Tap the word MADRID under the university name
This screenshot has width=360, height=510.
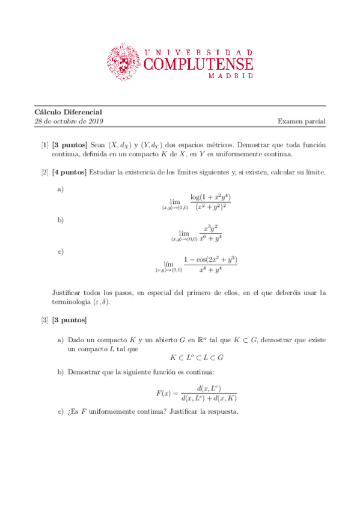click(230, 77)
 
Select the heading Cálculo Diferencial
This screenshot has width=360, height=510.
click(68, 112)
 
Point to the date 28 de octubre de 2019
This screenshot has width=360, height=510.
click(69, 121)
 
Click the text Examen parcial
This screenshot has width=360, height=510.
click(301, 121)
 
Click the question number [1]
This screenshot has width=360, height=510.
click(44, 145)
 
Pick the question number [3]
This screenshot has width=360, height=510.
click(44, 319)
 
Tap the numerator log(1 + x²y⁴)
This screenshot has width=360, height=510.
click(211, 197)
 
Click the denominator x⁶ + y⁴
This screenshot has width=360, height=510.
click(211, 239)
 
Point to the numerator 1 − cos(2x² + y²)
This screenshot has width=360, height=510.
click(211, 260)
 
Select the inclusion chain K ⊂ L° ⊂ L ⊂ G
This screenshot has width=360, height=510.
click(191, 357)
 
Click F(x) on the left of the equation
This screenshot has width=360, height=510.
click(165, 393)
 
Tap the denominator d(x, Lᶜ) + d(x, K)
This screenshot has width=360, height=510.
click(209, 398)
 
